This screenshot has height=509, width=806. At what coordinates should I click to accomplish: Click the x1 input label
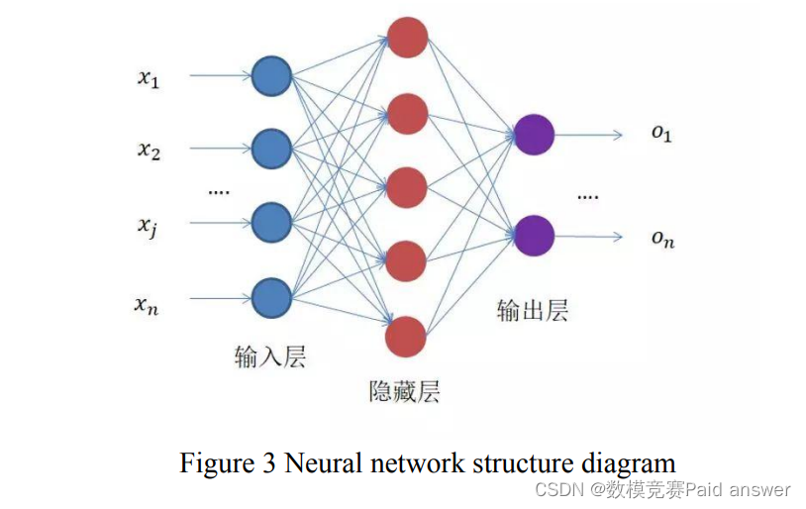(149, 78)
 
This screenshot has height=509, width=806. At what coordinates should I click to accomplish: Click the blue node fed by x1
(271, 76)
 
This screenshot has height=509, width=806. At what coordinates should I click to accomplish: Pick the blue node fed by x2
(271, 149)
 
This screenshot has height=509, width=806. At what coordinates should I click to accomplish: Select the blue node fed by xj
(271, 223)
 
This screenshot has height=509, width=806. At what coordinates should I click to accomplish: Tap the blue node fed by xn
(271, 297)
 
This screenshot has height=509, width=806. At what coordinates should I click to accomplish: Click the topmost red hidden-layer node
(407, 39)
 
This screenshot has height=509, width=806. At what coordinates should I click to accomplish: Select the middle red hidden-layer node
(406, 187)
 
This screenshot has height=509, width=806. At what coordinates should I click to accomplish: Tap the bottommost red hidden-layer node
(406, 337)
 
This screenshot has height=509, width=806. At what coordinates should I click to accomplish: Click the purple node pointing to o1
(535, 135)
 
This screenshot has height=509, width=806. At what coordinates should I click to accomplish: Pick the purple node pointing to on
(535, 236)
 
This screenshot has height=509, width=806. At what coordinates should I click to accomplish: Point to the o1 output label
(661, 134)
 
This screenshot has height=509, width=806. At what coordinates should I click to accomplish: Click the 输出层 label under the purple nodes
(532, 311)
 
